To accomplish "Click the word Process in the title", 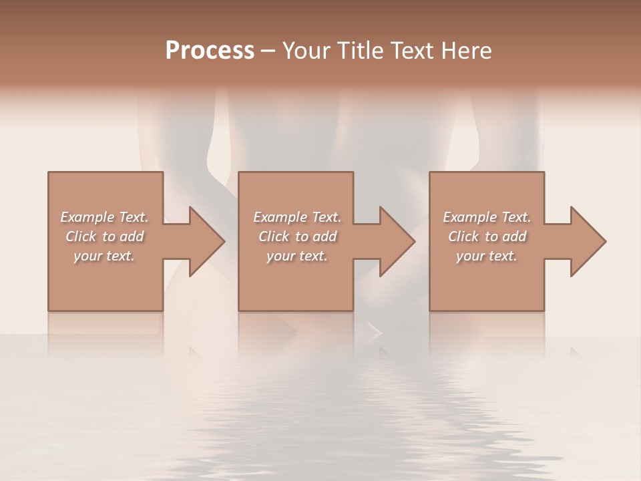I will [210, 51].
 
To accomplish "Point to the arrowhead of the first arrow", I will [207, 241].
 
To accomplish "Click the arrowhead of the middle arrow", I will [397, 241].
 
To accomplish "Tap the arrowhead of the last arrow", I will [588, 241].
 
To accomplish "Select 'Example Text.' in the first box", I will [104, 217].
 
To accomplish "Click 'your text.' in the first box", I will [104, 256].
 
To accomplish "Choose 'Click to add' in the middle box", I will [297, 236].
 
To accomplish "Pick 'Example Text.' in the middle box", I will [297, 217].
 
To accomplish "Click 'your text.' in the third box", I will [487, 256].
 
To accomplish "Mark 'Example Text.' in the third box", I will [487, 217].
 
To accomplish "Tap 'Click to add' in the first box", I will [104, 236].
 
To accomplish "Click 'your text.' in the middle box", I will [297, 256].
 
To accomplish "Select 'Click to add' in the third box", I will [487, 236].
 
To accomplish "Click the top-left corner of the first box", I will [49, 173].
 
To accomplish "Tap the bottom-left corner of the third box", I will [430, 310].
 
